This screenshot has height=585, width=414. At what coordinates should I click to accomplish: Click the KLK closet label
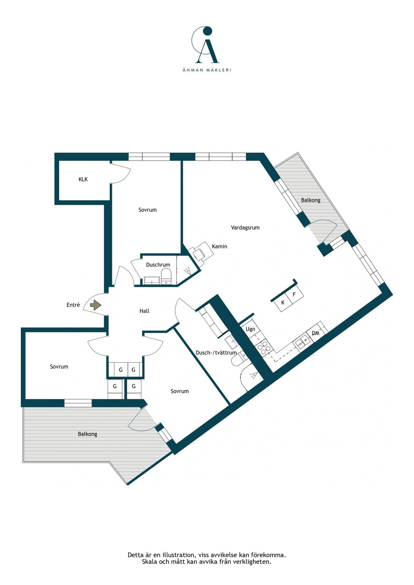point(83,179)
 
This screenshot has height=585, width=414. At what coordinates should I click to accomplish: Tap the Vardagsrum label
point(245,228)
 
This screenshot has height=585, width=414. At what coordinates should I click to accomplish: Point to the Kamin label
point(220,246)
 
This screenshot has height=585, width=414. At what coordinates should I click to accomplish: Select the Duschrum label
point(158,265)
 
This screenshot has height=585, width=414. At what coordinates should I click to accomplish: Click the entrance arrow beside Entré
point(96,305)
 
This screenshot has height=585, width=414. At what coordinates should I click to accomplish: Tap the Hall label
point(144,311)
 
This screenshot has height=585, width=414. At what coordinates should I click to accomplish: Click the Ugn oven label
point(250,329)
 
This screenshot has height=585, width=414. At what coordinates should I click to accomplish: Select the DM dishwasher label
point(316,333)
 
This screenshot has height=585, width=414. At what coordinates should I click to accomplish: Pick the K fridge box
point(282,302)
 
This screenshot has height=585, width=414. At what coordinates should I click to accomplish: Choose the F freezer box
point(294,294)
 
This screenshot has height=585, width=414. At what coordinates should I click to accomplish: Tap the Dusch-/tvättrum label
point(216,353)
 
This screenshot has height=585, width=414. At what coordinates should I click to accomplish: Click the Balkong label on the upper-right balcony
point(311,200)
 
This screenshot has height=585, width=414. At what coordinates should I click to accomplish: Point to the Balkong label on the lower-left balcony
point(87,434)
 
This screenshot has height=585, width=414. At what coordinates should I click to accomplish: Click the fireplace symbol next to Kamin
point(200,252)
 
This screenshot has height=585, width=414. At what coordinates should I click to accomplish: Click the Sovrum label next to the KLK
point(148,210)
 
